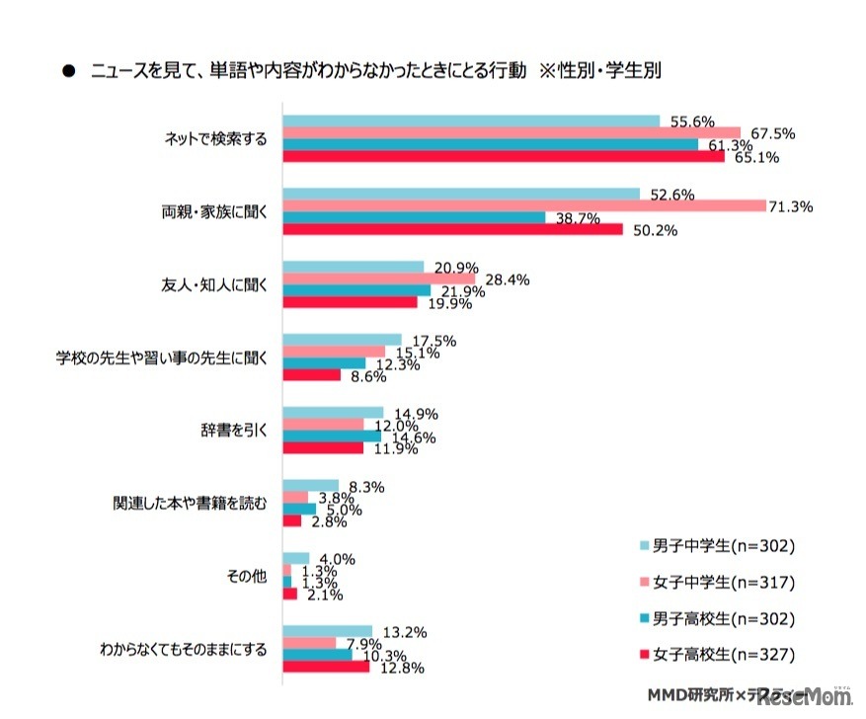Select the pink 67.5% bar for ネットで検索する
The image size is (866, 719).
click(x=512, y=133)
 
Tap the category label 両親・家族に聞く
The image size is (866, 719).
click(x=214, y=211)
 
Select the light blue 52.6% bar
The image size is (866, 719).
click(x=461, y=194)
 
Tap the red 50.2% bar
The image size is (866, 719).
click(x=452, y=230)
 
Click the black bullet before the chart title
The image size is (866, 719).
click(x=68, y=71)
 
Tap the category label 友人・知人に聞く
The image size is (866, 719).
click(x=214, y=284)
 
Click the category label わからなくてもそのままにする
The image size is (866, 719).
click(x=183, y=651)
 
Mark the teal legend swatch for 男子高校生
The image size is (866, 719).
click(x=645, y=618)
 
